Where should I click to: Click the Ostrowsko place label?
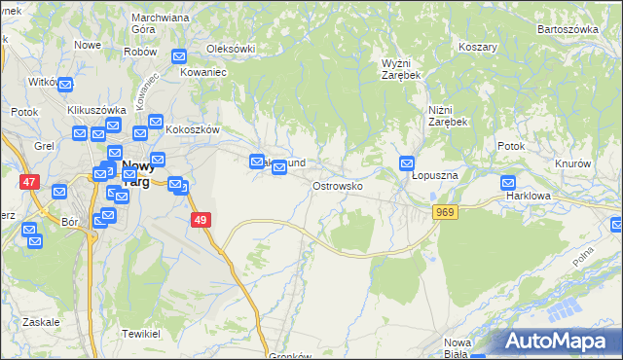pos(338,185)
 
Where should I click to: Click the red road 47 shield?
pos(29,181)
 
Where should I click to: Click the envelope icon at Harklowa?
pos(508,182)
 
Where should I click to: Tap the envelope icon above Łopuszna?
pos(407,163)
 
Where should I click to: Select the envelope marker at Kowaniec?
pos(179,57)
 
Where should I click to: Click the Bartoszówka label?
pos(568,29)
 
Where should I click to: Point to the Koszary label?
pos(478,47)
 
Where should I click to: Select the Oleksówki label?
pos(231,48)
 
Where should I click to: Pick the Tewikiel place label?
pos(141,333)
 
